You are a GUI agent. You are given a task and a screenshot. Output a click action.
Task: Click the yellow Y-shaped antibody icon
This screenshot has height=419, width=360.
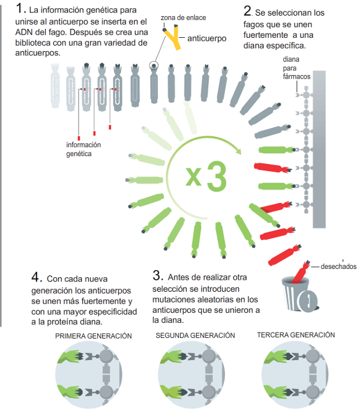click(173, 37)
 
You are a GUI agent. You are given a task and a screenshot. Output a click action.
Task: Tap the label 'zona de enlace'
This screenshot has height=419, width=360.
click(183, 17)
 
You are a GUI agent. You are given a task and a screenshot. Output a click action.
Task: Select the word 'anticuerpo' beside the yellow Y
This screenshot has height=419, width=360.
click(207, 38)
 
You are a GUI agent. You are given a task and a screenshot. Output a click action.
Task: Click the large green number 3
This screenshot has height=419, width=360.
click(217, 176)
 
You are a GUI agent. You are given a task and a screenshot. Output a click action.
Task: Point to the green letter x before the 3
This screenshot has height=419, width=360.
click(194, 176)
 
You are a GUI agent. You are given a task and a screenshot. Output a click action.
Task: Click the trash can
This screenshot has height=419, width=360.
click(299, 295)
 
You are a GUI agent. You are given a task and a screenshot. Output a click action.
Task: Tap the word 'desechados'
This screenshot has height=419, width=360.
click(338, 267)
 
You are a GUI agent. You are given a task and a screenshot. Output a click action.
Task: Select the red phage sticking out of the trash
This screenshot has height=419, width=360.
click(301, 272)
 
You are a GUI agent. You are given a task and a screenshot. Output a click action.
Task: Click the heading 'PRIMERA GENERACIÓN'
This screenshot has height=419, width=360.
click(94, 336)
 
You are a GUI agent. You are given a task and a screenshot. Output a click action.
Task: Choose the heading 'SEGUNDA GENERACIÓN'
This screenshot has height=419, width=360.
click(195, 336)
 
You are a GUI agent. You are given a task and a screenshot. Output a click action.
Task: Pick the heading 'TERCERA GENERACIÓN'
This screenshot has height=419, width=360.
click(296, 335)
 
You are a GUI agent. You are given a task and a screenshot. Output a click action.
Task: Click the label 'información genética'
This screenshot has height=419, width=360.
click(83, 149)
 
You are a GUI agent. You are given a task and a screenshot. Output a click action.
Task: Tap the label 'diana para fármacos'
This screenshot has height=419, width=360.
click(296, 68)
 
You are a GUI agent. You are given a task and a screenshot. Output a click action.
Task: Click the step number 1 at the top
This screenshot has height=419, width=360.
click(20, 8)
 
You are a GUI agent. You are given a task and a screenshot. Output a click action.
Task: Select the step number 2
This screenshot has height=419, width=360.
click(248, 11)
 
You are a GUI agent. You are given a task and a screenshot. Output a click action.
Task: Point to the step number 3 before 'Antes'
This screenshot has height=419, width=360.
click(157, 276)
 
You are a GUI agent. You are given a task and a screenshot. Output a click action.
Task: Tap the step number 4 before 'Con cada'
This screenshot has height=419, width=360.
click(37, 277)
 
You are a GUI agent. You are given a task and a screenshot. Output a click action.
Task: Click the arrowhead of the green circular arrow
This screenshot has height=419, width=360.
click(238, 151)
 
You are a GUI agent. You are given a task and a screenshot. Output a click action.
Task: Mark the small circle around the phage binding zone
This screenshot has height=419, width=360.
click(154, 65)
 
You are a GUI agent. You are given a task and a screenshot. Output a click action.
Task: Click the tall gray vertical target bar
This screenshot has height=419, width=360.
click(319, 149)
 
